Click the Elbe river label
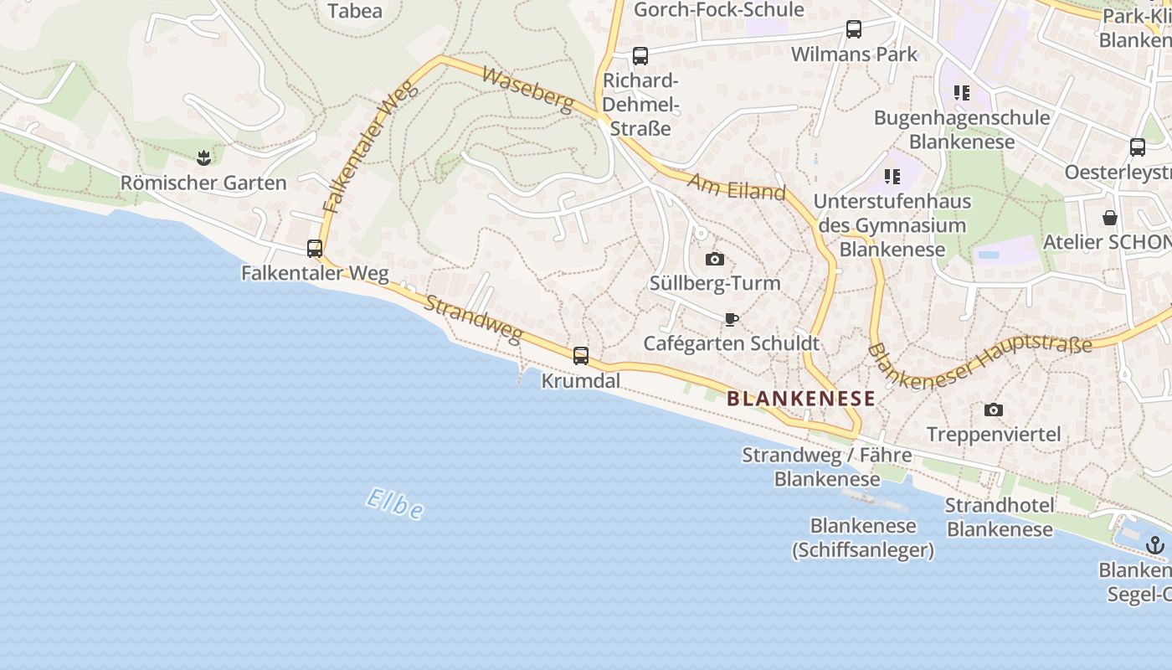(395, 502)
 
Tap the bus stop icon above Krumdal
(581, 355)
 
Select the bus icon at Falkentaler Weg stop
(315, 248)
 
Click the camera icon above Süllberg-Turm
(715, 259)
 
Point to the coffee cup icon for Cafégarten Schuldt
(731, 319)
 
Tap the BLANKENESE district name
(800, 399)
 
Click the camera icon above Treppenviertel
(994, 410)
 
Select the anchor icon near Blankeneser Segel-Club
(1155, 545)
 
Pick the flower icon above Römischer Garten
(203, 157)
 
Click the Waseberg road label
(528, 89)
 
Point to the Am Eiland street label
(737, 186)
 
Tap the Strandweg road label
(473, 317)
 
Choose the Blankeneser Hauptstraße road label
(979, 362)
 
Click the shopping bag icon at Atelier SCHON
(1110, 218)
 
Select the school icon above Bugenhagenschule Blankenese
(962, 93)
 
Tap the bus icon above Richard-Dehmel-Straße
(640, 56)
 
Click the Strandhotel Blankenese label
(1000, 517)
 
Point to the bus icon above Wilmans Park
(854, 29)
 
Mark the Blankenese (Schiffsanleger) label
(863, 538)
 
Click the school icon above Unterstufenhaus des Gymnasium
(892, 177)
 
